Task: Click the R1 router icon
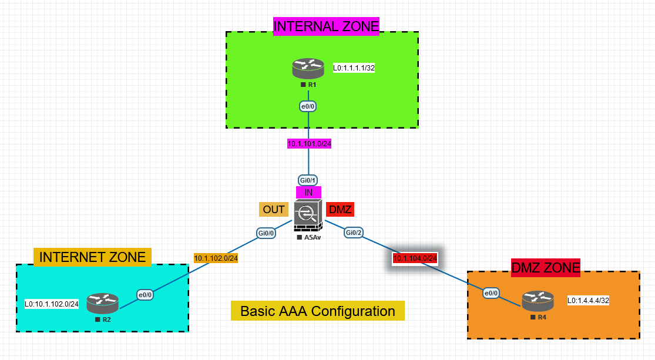[308, 69]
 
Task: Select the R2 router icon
[103, 304]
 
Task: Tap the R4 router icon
[538, 301]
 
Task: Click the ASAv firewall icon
[308, 217]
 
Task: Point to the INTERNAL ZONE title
[326, 26]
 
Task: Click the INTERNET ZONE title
[92, 257]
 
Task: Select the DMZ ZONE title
[546, 268]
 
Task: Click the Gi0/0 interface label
[266, 233]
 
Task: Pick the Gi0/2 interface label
[354, 233]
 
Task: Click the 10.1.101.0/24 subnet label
[309, 143]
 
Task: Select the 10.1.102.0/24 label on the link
[216, 257]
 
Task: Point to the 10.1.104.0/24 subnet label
[415, 258]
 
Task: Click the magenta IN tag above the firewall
[308, 192]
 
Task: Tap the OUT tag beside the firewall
[274, 210]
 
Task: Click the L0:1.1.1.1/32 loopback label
[354, 68]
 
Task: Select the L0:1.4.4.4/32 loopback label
[588, 301]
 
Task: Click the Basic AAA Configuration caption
[318, 311]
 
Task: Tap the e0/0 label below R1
[308, 107]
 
